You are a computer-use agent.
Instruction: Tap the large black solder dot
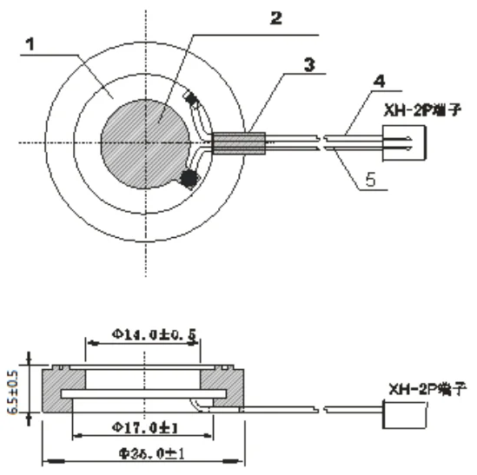click(x=185, y=179)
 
